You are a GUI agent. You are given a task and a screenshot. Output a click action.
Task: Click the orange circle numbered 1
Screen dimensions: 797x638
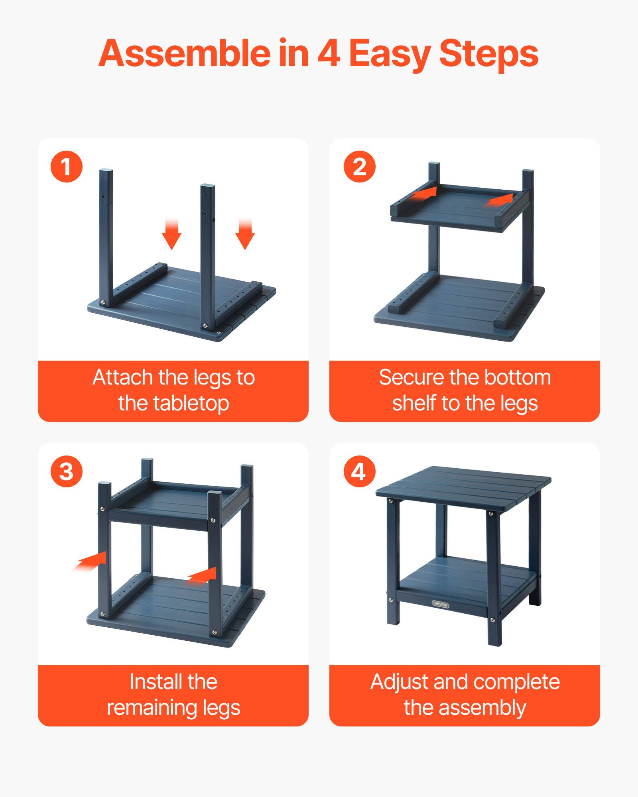pyautogui.click(x=67, y=167)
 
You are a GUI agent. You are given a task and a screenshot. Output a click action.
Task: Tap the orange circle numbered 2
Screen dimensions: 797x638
pyautogui.click(x=360, y=167)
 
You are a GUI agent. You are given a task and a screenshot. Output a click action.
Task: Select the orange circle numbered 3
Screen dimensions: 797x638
pyautogui.click(x=67, y=472)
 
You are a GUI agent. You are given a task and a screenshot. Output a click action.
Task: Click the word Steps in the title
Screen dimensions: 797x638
pyautogui.click(x=489, y=53)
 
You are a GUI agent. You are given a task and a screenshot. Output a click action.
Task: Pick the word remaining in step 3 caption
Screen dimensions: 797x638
pyautogui.click(x=152, y=708)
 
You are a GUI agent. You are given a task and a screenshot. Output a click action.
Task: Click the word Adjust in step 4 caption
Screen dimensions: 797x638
pyautogui.click(x=399, y=682)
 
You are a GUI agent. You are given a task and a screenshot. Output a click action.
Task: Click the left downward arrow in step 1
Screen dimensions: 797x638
pyautogui.click(x=171, y=236)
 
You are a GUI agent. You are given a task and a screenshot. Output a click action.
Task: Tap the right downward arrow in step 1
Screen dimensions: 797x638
pyautogui.click(x=245, y=236)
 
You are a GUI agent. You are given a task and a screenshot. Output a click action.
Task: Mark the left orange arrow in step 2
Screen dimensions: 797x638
pyautogui.click(x=424, y=193)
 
